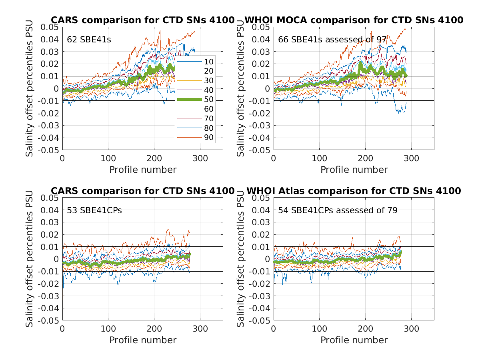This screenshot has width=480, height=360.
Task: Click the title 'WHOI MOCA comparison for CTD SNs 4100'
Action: (x=354, y=20)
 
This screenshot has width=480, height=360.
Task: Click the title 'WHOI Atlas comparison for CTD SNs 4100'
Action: (x=354, y=191)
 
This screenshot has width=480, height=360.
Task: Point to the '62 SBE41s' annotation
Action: (x=88, y=40)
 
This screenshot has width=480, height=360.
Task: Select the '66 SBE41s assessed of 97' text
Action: (x=332, y=40)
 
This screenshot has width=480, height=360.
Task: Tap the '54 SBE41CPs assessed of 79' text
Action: (x=338, y=210)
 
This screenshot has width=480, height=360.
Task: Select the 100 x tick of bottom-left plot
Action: (x=108, y=329)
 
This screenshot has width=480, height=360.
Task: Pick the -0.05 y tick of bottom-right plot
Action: (x=260, y=320)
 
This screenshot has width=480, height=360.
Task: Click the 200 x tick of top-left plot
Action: (x=154, y=158)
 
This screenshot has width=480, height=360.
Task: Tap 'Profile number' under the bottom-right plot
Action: (x=354, y=340)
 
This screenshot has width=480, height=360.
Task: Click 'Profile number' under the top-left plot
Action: (x=143, y=170)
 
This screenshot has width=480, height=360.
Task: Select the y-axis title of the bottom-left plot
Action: (x=30, y=259)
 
